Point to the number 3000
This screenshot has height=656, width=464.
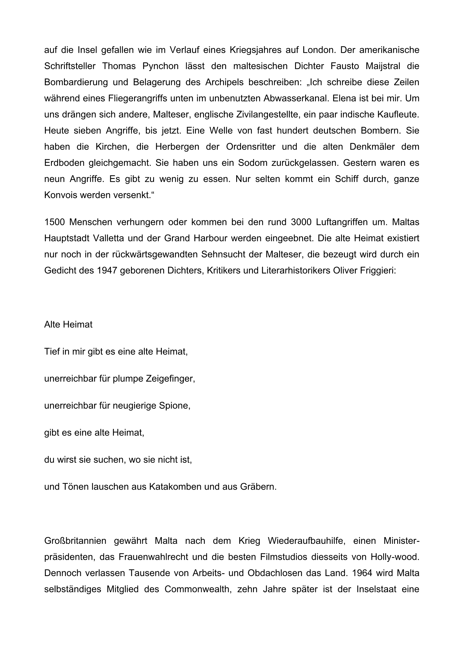pyautogui.click(x=301, y=222)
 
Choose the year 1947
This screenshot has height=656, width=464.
pyautogui.click(x=107, y=271)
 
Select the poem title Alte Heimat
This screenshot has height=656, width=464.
pyautogui.click(x=68, y=324)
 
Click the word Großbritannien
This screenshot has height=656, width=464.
pyautogui.click(x=75, y=541)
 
